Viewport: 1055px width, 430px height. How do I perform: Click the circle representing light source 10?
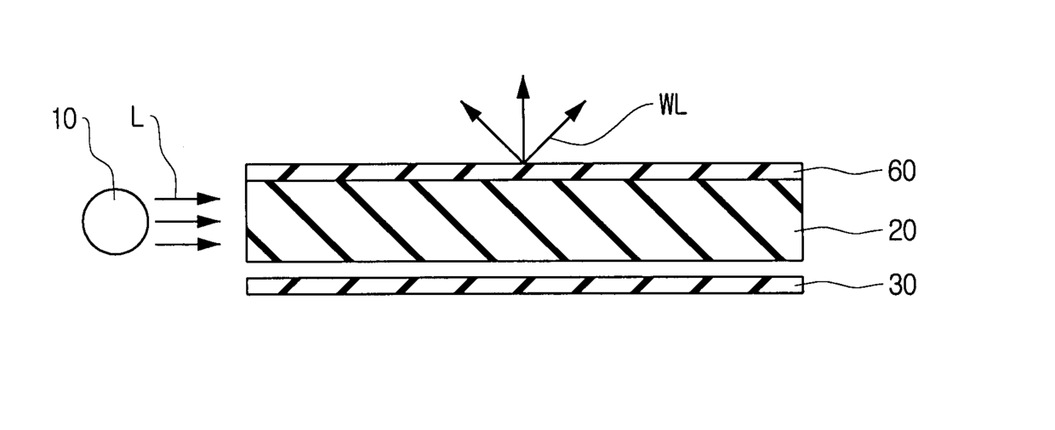(x=114, y=221)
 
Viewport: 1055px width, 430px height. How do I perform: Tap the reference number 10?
(x=64, y=120)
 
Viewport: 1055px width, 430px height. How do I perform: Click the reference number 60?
(x=902, y=172)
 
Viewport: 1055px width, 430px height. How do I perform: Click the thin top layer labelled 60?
(x=383, y=171)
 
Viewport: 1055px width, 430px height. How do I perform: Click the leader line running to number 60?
(x=842, y=172)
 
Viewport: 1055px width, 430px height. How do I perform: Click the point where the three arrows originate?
(x=522, y=161)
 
